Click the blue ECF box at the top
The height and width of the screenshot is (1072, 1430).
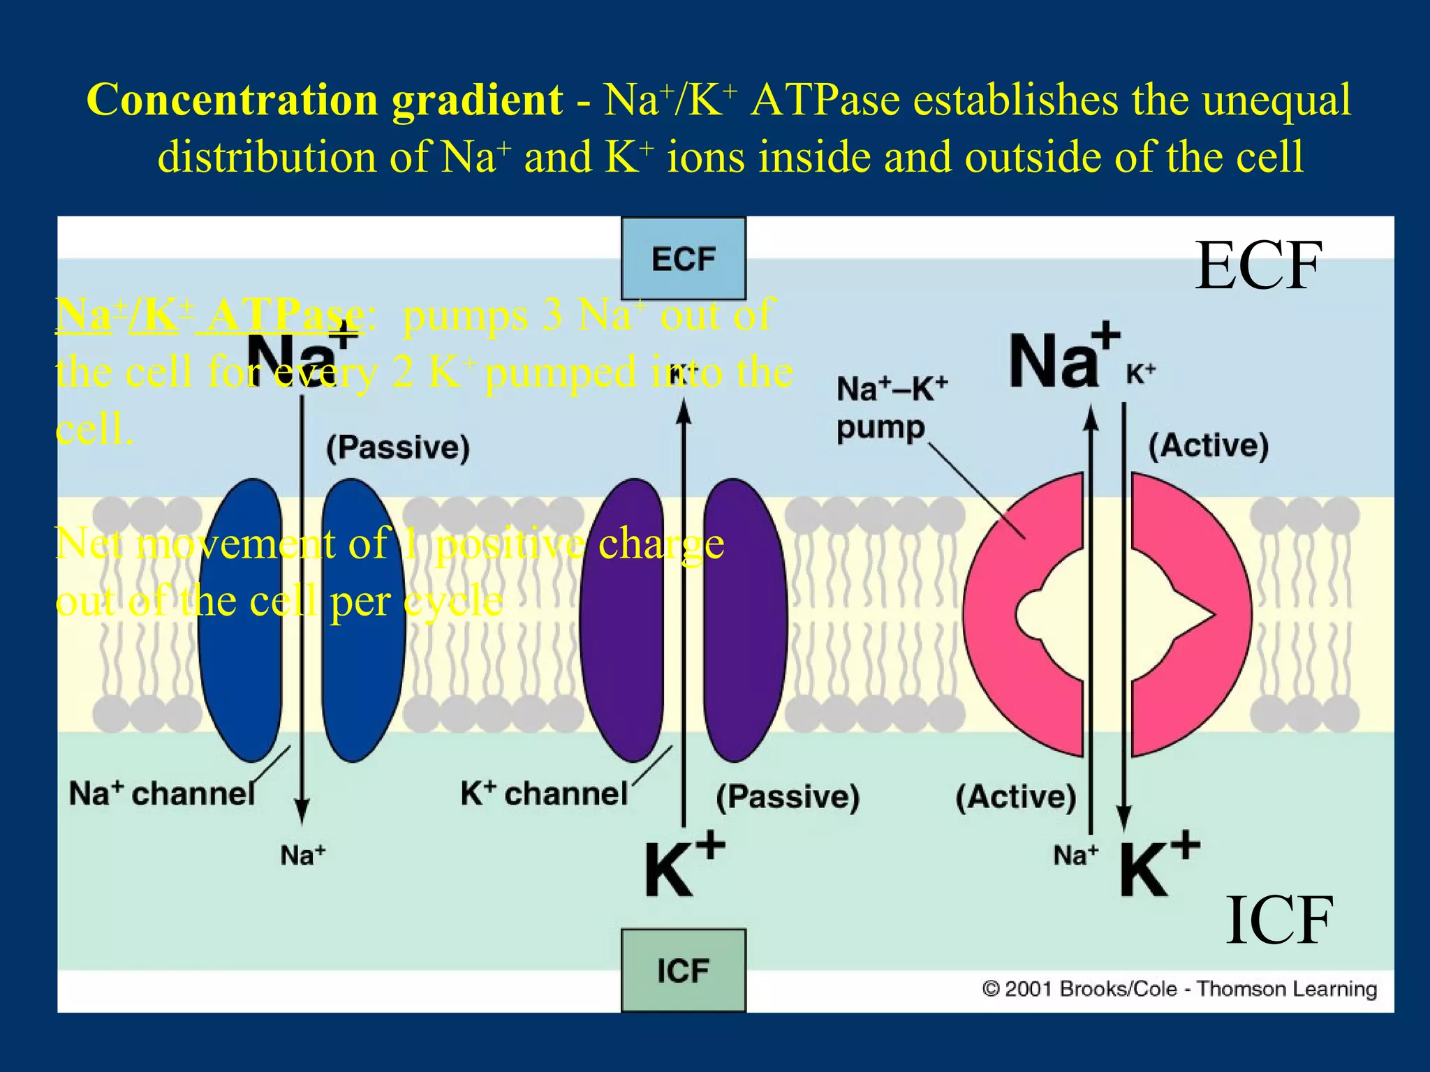tap(683, 259)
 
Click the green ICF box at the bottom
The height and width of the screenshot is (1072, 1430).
tap(683, 970)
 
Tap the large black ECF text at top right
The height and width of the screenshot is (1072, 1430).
tap(1258, 266)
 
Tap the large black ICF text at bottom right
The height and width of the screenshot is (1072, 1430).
tap(1279, 921)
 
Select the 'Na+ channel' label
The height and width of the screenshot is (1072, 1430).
tap(162, 794)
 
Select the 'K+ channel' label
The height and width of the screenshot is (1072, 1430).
tap(544, 794)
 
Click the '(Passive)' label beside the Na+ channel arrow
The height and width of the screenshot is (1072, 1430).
tap(398, 447)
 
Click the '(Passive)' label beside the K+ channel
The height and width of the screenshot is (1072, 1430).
tap(788, 796)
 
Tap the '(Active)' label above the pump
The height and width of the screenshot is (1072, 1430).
tap(1208, 445)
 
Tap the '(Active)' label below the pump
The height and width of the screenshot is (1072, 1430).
tap(1015, 796)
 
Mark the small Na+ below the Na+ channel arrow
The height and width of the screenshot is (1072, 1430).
tap(303, 855)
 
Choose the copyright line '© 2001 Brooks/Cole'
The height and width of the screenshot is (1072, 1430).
tap(1179, 989)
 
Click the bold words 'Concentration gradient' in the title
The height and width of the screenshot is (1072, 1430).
tap(324, 100)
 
